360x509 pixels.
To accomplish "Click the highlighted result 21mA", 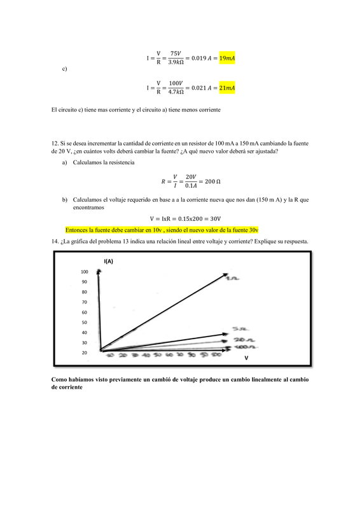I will (227, 87).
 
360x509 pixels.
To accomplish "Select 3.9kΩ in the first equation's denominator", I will (176, 62).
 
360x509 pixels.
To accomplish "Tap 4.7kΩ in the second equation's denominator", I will (176, 92).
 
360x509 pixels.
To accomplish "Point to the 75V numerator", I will (176, 54).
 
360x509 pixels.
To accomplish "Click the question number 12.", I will (54, 144).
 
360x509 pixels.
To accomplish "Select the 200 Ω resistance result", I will (210, 181).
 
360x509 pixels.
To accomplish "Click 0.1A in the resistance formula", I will (190, 186).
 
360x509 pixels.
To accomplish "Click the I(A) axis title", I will (109, 261).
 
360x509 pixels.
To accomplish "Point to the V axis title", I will (246, 359).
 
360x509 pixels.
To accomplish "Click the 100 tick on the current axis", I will (84, 272).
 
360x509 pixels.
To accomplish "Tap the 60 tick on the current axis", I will (84, 312).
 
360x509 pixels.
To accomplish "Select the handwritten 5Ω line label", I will (239, 329).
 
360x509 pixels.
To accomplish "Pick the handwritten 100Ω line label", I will (244, 348).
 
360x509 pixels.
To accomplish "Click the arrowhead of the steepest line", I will (225, 275).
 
